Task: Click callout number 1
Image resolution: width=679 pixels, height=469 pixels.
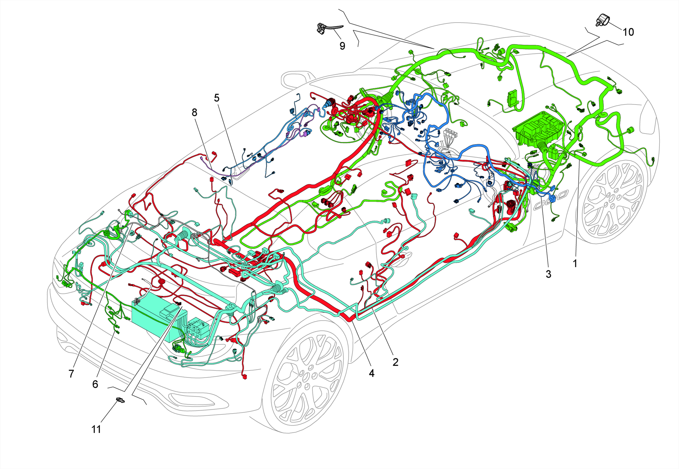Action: pyautogui.click(x=575, y=264)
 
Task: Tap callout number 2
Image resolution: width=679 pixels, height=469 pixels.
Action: pyautogui.click(x=395, y=362)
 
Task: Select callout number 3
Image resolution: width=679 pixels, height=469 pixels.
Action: pyautogui.click(x=549, y=274)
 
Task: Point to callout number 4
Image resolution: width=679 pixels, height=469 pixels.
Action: pyautogui.click(x=372, y=373)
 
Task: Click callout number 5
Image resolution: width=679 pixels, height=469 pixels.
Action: pyautogui.click(x=217, y=98)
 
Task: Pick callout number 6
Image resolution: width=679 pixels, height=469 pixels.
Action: pyautogui.click(x=95, y=384)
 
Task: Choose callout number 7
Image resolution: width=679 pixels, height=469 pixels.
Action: pyautogui.click(x=71, y=374)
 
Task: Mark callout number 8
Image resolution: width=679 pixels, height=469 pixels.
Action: pyautogui.click(x=194, y=113)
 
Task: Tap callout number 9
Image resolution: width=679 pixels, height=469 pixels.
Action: pyautogui.click(x=342, y=46)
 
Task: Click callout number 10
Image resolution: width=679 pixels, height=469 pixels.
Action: pyautogui.click(x=628, y=32)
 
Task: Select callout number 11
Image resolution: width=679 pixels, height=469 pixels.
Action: pyautogui.click(x=96, y=429)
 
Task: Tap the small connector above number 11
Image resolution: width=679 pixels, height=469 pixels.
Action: pyautogui.click(x=121, y=400)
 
